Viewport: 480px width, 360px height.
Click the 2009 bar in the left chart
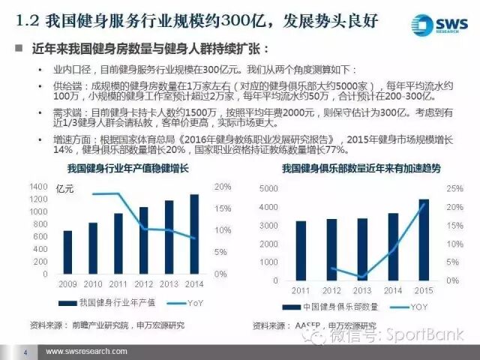pyautogui.click(x=67, y=253)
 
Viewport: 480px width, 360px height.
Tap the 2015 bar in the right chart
pyautogui.click(x=423, y=240)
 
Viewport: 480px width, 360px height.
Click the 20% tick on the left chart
pyautogui.click(x=222, y=186)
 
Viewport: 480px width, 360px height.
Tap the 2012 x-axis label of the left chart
pyautogui.click(x=144, y=284)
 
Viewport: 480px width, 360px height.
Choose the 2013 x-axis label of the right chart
pyautogui.click(x=362, y=289)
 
